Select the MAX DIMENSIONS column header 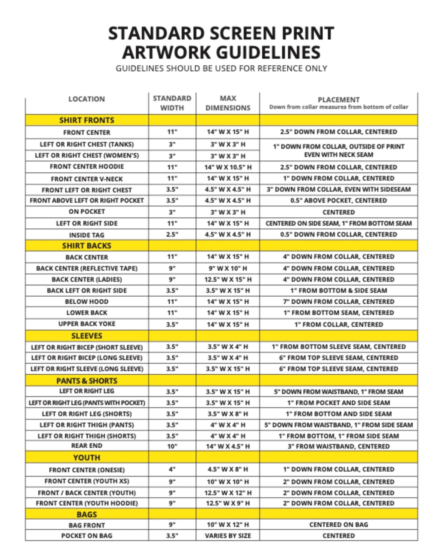pos(228,103)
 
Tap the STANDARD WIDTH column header pos(172,103)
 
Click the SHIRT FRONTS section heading pos(87,120)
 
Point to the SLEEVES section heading pos(87,336)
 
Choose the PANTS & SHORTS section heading pos(87,381)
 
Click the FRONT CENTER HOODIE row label pos(87,167)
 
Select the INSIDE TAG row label pos(87,235)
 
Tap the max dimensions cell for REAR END pos(228,446)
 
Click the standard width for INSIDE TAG pos(172,234)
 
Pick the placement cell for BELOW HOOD pos(339,302)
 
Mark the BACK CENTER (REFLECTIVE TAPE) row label pos(87,268)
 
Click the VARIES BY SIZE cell pos(228,536)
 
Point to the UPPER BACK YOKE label pos(87,324)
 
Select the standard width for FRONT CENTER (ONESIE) pos(172,469)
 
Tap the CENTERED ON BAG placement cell pos(339,525)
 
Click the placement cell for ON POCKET pos(339,212)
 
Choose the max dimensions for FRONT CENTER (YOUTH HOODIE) pos(228,503)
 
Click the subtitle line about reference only pos(221,68)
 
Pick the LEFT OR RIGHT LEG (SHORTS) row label pos(87,414)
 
